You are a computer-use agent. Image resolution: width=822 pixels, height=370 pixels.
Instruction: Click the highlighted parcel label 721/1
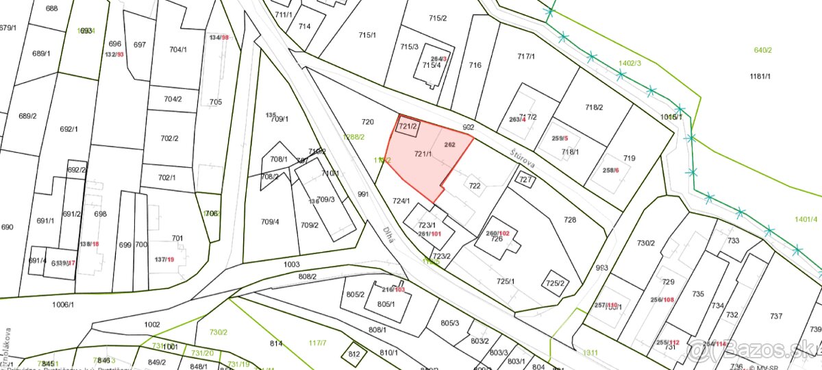pyautogui.click(x=423, y=155)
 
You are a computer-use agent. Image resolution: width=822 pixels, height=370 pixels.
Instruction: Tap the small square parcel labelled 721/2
pyautogui.click(x=408, y=126)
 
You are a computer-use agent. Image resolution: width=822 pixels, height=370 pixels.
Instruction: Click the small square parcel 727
pyautogui.click(x=525, y=180)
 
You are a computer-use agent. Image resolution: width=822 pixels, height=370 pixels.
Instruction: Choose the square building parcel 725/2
pyautogui.click(x=555, y=283)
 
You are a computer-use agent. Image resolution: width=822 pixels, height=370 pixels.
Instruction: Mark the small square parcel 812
pyautogui.click(x=354, y=354)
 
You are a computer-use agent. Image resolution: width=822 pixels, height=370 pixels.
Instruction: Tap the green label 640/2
pyautogui.click(x=762, y=50)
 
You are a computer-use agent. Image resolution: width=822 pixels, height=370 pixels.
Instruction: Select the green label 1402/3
pyautogui.click(x=630, y=63)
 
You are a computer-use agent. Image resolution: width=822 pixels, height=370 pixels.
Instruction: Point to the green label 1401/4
pyautogui.click(x=806, y=219)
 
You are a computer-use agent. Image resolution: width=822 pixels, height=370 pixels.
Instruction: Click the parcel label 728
pyautogui.click(x=570, y=220)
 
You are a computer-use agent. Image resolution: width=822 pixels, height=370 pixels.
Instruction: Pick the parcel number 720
pyautogui.click(x=368, y=122)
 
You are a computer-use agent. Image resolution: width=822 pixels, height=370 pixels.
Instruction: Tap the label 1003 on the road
pyautogui.click(x=291, y=264)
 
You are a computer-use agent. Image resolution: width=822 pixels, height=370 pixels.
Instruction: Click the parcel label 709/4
pyautogui.click(x=270, y=222)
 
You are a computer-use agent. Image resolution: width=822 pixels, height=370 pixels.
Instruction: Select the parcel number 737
pyautogui.click(x=775, y=316)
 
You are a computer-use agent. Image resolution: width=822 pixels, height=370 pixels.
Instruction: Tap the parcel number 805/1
pyautogui.click(x=386, y=304)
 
